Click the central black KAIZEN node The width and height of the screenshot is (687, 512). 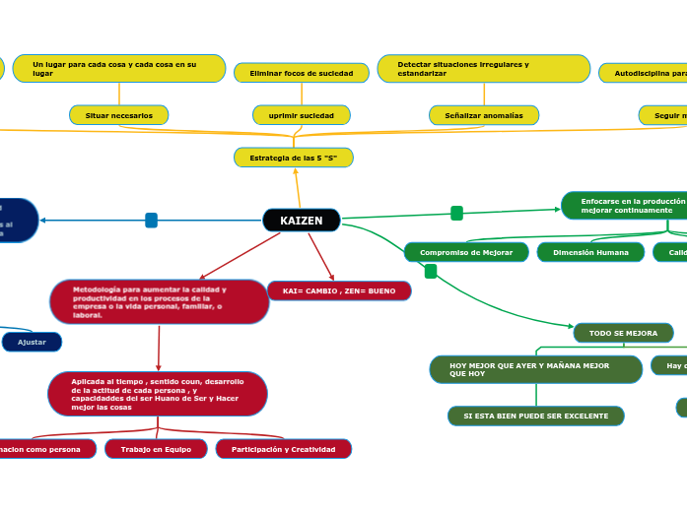[302, 221]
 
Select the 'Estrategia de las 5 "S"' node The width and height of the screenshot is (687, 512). [294, 158]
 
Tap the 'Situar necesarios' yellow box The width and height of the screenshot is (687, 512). [119, 115]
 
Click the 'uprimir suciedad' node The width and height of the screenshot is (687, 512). [302, 115]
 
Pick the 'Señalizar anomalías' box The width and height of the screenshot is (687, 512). [484, 115]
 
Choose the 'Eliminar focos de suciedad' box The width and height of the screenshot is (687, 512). [302, 73]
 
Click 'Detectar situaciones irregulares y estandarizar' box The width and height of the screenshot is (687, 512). [484, 69]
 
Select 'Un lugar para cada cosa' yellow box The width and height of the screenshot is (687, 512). [119, 69]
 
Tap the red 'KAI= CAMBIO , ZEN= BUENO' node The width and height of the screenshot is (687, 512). [339, 291]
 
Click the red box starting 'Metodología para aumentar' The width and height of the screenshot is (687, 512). [160, 302]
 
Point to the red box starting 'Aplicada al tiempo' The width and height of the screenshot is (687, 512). [158, 394]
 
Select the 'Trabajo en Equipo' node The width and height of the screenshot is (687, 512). [156, 449]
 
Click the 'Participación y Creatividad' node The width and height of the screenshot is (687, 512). [284, 449]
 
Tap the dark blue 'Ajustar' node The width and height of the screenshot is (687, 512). [33, 342]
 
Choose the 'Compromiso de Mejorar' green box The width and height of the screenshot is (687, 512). [466, 252]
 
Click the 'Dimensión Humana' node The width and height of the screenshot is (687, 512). [590, 252]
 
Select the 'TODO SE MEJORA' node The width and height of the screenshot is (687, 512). [624, 333]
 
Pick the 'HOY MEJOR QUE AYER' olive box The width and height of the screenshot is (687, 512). [536, 369]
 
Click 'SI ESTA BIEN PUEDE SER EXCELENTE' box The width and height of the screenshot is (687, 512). [536, 416]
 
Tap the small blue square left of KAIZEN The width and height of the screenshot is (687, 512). [151, 221]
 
